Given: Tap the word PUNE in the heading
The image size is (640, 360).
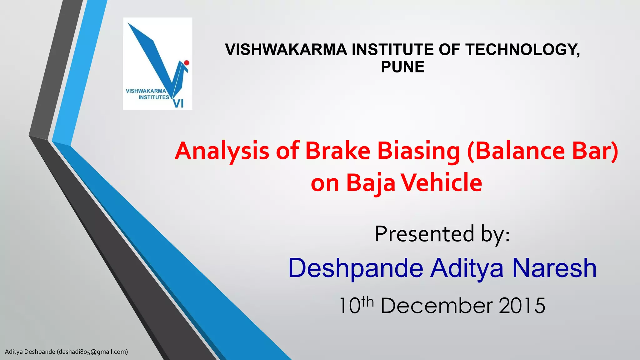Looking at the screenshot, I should [x=402, y=67].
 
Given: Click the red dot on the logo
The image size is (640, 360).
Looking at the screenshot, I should [x=187, y=63].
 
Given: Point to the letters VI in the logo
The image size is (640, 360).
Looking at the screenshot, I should [x=178, y=103].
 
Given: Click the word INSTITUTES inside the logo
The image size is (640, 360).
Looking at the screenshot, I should [x=154, y=97].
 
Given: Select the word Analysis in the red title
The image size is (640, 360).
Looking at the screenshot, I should [x=222, y=151].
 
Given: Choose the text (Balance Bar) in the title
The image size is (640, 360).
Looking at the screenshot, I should [x=542, y=151].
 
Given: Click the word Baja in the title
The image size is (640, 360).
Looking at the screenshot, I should [x=371, y=183].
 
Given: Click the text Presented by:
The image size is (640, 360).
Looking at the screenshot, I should [x=442, y=234].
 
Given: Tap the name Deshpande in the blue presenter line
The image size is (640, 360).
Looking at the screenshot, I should [x=356, y=268].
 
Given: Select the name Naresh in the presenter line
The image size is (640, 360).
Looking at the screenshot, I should [x=554, y=268].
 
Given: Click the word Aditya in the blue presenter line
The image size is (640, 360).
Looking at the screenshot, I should [x=467, y=268].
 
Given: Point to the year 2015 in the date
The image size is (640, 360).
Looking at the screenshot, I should [x=522, y=306].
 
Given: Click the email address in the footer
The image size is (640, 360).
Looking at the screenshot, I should [x=92, y=352].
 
